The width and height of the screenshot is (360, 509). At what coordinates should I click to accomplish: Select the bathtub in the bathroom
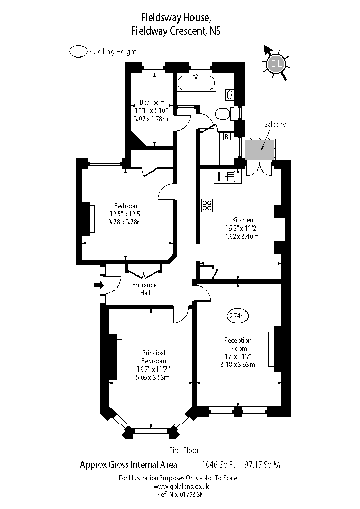(196, 83)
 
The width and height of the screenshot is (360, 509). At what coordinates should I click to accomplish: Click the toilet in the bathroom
(223, 113)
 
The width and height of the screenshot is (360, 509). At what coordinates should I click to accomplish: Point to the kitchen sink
(227, 176)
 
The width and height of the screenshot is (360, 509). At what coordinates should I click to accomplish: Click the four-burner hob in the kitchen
(207, 205)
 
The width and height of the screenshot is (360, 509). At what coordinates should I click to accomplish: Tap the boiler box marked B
(226, 136)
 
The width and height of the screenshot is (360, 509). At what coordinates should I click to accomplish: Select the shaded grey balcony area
(259, 149)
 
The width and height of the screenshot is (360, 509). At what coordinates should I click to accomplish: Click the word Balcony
(274, 124)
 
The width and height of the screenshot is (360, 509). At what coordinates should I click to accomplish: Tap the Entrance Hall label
(145, 289)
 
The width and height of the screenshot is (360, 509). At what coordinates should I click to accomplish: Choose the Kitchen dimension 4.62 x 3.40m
(242, 236)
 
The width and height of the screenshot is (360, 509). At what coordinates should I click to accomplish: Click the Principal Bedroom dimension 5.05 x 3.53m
(152, 377)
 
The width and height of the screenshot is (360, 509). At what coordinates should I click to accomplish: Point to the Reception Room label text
(238, 344)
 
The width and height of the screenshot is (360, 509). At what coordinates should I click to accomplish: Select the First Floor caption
(184, 450)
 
